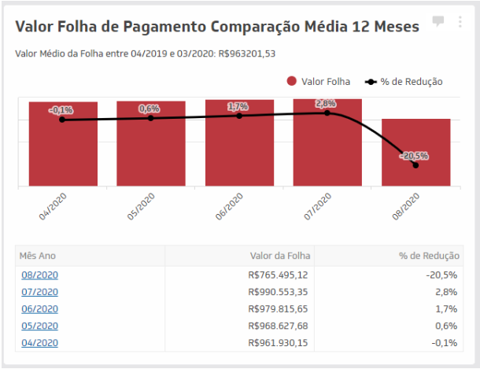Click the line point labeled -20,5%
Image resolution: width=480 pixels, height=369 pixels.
point(415,164)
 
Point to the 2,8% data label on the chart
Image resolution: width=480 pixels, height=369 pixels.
point(326,104)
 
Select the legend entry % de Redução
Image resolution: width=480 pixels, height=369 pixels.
point(403,81)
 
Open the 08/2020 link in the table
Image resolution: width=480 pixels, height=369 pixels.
point(39,275)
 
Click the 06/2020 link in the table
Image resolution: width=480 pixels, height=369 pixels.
point(39,309)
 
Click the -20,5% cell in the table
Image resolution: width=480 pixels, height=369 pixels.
point(444,275)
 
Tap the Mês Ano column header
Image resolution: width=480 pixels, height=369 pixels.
point(38,256)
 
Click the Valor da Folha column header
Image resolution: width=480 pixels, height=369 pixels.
point(280,256)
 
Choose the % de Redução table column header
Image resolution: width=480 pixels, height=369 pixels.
point(429,256)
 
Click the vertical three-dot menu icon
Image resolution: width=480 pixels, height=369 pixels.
point(460,21)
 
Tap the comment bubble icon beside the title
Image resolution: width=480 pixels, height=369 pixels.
point(438,20)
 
